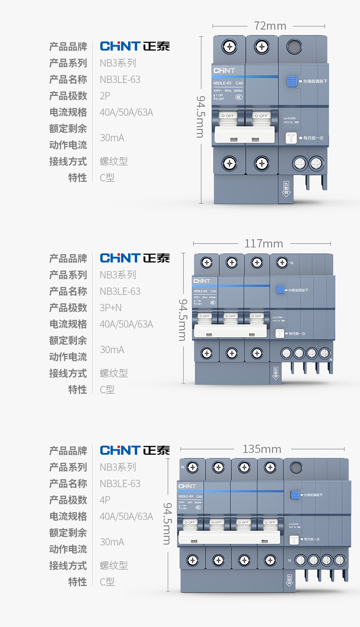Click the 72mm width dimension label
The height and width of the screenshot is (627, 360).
(270, 26)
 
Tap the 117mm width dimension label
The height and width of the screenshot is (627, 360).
(263, 244)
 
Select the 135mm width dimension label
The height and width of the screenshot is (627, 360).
(262, 449)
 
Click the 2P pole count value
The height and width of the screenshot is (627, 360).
(105, 96)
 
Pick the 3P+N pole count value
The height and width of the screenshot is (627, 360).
(111, 308)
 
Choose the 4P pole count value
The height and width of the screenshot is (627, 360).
(105, 500)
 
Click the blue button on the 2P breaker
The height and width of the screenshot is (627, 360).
(292, 82)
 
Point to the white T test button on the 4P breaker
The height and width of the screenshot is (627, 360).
(294, 540)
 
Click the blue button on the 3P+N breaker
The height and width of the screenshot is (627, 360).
(280, 289)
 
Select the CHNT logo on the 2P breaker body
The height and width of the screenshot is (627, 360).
(224, 71)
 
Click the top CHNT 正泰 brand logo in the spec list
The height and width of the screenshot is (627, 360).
(135, 46)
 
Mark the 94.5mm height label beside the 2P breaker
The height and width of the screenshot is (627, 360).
(201, 116)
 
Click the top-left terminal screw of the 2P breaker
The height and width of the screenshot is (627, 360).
(229, 46)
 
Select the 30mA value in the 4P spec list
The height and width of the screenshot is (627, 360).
(112, 542)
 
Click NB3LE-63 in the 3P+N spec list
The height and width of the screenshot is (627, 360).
(120, 291)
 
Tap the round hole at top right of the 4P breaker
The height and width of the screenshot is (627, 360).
(296, 467)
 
